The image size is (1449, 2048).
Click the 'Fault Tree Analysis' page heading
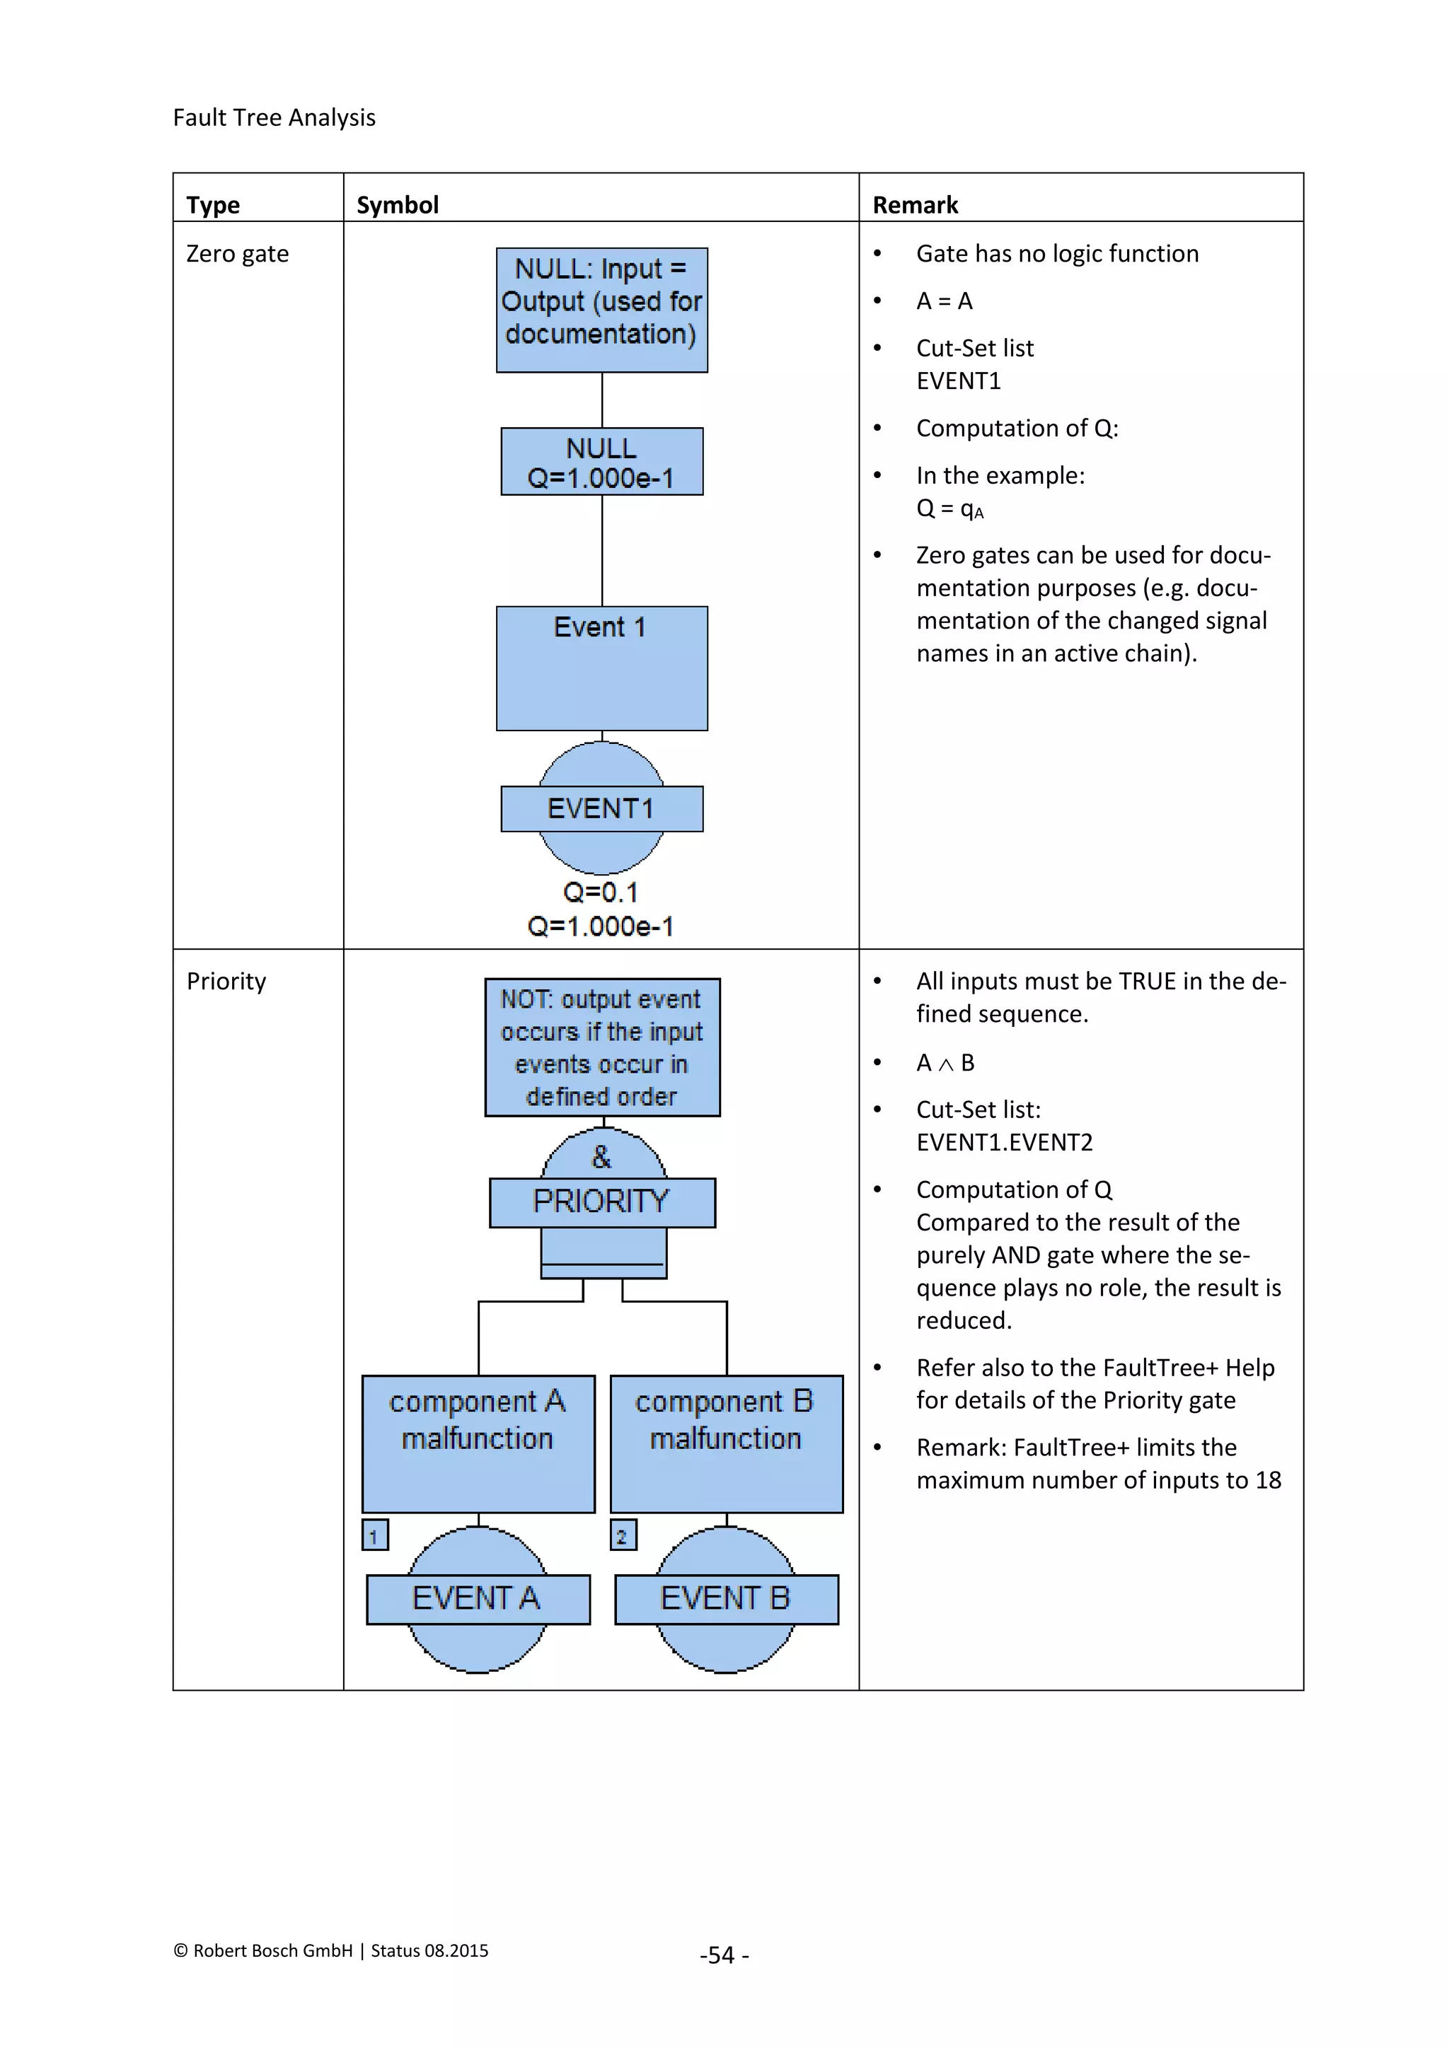click(274, 117)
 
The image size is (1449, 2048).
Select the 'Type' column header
click(213, 205)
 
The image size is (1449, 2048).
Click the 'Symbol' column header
click(397, 205)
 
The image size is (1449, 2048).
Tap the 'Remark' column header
click(915, 205)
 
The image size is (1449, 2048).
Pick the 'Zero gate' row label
click(237, 254)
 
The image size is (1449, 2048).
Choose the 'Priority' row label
click(226, 981)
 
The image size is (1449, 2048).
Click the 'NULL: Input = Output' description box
click(601, 310)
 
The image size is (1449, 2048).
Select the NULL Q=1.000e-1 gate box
click(601, 462)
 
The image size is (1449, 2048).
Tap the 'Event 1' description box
click(601, 668)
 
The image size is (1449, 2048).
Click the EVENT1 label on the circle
click(601, 809)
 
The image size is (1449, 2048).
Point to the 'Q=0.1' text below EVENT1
click(601, 892)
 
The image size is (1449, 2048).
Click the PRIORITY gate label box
click(601, 1202)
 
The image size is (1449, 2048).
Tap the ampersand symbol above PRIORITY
click(601, 1157)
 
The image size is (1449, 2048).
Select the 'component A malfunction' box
click(478, 1443)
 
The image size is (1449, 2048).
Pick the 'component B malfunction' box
click(727, 1443)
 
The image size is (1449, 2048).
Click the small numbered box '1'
click(375, 1535)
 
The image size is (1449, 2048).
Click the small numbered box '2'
click(623, 1535)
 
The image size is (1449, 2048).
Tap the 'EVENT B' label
click(727, 1598)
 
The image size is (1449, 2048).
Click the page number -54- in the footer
click(724, 1955)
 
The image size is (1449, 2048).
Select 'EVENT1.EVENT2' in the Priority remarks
click(1004, 1143)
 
